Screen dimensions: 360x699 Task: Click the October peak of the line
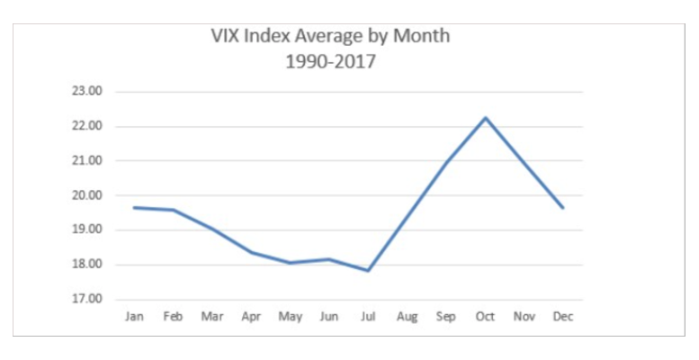486,117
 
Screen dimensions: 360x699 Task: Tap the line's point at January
134,207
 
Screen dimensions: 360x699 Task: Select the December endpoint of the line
564,208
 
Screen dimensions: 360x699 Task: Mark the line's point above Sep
447,161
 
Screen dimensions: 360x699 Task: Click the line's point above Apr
252,252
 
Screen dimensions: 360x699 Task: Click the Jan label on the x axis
134,317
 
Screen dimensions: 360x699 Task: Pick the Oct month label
486,317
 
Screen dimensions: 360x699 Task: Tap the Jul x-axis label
369,317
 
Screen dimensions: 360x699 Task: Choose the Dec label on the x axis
564,317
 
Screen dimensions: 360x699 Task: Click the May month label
291,317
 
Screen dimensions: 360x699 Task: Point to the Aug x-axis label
408,317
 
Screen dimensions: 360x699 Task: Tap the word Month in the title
423,37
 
